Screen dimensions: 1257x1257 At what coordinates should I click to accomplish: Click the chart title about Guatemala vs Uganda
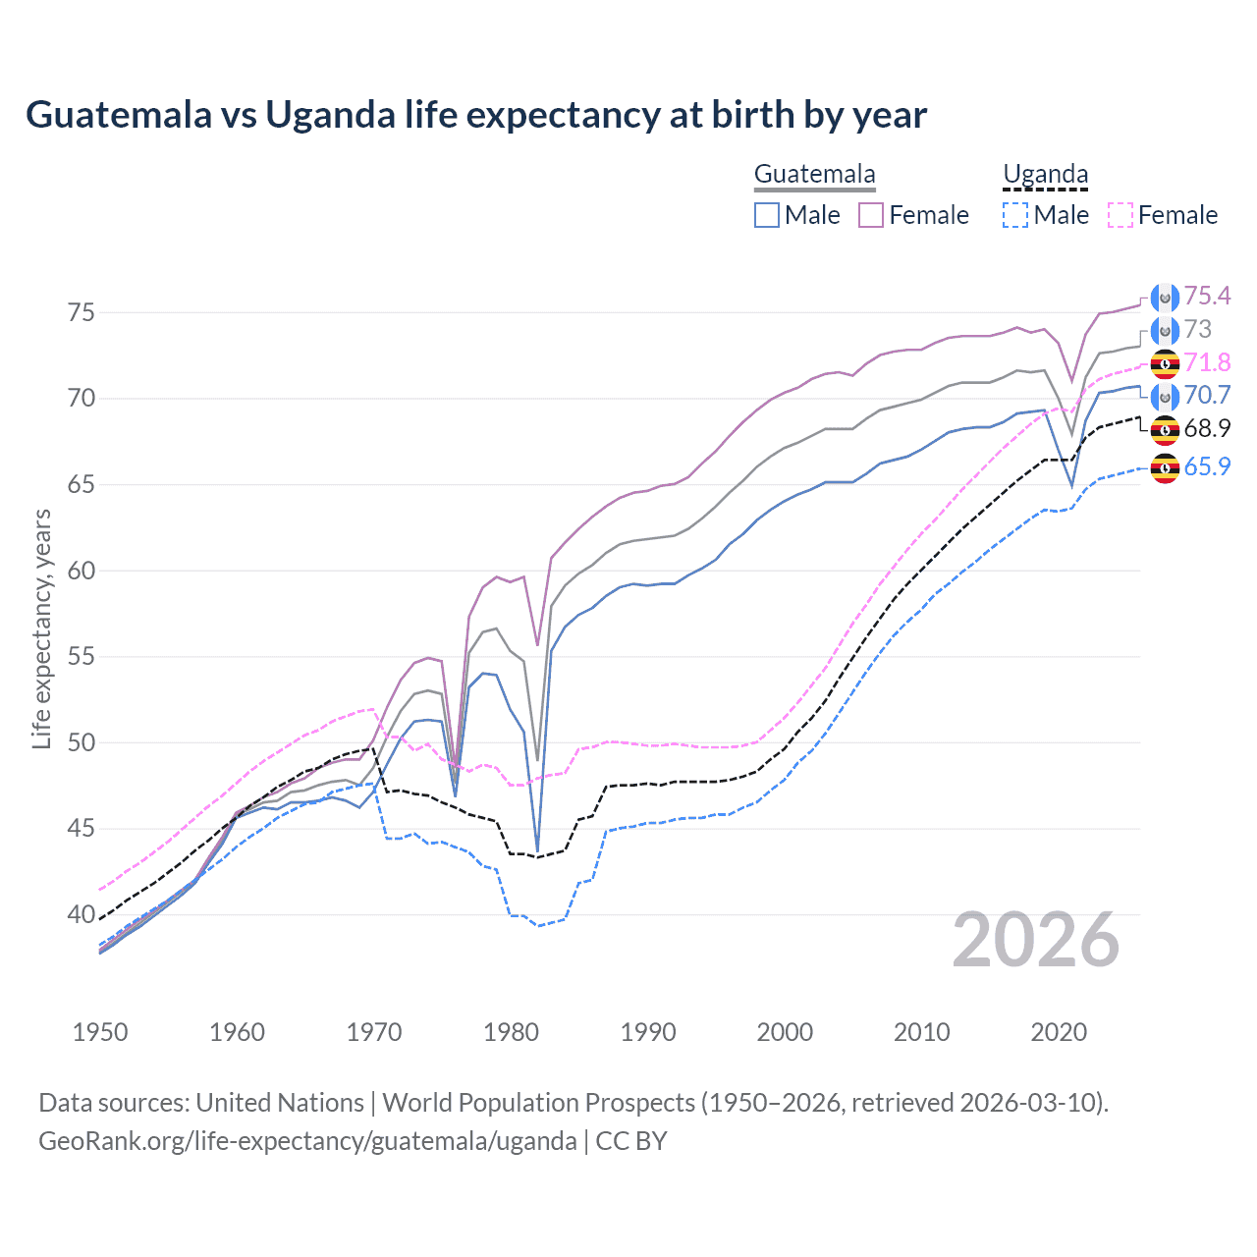pos(476,115)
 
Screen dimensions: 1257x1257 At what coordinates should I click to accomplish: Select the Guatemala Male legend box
pos(767,215)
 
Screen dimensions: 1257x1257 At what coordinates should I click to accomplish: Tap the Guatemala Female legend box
pos(871,215)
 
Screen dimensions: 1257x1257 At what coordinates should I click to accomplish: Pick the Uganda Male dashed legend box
pos(1015,215)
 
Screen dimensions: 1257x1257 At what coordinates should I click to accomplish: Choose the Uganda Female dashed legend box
pos(1120,215)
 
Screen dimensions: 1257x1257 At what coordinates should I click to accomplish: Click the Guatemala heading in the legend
pos(814,175)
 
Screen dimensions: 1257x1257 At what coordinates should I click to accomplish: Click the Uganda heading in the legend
pos(1045,175)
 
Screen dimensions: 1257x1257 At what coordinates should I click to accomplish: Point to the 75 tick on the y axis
pos(82,312)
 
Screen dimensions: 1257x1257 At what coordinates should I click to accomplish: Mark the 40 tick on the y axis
pos(82,914)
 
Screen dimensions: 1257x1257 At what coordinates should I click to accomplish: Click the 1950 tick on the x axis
pos(100,1032)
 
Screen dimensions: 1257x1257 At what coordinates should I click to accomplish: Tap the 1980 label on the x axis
pos(511,1032)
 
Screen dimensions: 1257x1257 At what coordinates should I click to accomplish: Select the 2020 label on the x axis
pos(1059,1032)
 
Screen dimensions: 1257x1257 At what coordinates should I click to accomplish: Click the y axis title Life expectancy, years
pos(41,628)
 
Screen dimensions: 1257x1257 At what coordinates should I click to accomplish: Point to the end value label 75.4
pos(1207,297)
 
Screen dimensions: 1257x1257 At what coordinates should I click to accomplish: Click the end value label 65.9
pos(1207,467)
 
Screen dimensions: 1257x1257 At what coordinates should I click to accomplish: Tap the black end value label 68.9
pos(1207,429)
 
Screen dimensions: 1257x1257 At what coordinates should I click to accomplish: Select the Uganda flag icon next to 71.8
pos(1165,363)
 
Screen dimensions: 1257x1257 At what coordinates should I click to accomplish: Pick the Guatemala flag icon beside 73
pos(1165,330)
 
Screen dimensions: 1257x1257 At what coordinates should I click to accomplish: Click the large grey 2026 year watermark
pos(1035,941)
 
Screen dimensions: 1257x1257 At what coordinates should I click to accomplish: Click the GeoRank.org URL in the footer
pos(307,1141)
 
